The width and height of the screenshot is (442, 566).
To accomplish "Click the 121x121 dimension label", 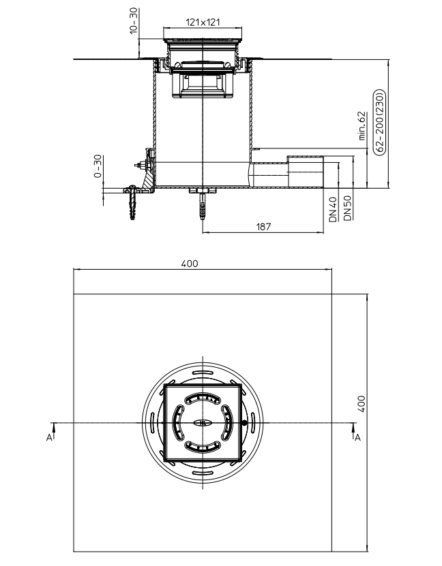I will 203,22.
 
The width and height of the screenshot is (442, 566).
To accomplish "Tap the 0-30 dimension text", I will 98,167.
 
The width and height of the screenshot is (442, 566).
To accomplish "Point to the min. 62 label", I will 362,127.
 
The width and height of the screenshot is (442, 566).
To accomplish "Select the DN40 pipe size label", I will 333,209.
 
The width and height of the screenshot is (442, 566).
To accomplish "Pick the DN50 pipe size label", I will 347,208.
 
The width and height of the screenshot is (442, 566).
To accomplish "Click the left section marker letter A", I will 48,437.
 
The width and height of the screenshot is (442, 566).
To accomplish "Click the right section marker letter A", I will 357,437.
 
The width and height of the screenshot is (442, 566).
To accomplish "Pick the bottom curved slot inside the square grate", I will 203,448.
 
